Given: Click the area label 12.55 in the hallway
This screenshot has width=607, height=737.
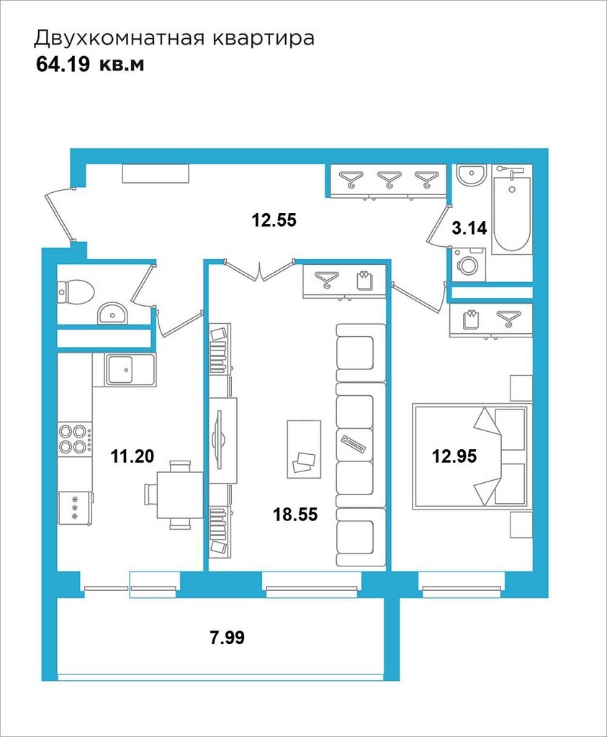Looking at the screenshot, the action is pyautogui.click(x=274, y=220).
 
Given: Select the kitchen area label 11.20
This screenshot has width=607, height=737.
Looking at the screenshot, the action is pyautogui.click(x=132, y=456).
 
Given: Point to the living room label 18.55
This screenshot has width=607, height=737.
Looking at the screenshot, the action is pyautogui.click(x=295, y=514).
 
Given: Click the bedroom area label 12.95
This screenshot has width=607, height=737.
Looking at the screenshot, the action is pyautogui.click(x=454, y=456).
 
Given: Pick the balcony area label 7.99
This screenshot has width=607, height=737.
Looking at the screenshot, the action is pyautogui.click(x=227, y=638).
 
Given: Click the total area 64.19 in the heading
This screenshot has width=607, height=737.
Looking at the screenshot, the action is pyautogui.click(x=63, y=65).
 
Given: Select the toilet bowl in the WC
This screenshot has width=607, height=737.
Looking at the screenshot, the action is pyautogui.click(x=75, y=291).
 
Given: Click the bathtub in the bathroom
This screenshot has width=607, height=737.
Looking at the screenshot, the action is pyautogui.click(x=512, y=209).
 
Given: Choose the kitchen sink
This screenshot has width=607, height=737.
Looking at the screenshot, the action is pyautogui.click(x=125, y=370).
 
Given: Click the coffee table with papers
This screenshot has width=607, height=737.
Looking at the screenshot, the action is pyautogui.click(x=304, y=449).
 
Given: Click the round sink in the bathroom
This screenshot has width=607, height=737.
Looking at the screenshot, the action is pyautogui.click(x=471, y=176).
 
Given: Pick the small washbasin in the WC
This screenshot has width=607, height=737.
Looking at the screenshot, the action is pyautogui.click(x=112, y=313).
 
